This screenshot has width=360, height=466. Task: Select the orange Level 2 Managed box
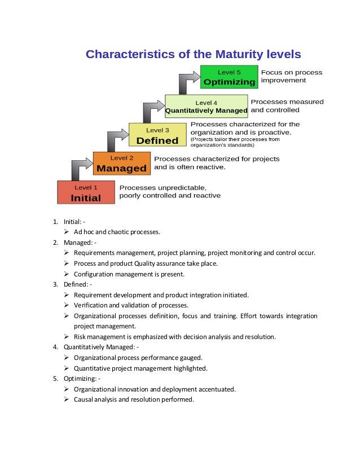[122, 163]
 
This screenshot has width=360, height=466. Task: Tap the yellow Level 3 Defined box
[157, 135]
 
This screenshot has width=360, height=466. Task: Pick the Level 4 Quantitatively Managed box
[206, 106]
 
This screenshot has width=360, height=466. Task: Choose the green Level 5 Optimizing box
[229, 77]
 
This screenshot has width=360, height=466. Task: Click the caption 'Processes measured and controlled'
[287, 105]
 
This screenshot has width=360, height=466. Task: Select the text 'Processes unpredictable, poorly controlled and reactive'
[169, 191]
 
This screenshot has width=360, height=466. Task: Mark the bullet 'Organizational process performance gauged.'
[138, 358]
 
